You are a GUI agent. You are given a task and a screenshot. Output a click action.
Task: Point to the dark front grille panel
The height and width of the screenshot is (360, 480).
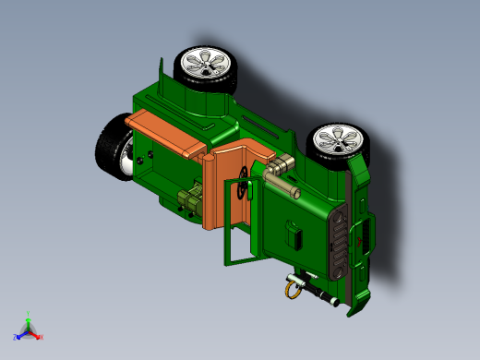click(x=339, y=244)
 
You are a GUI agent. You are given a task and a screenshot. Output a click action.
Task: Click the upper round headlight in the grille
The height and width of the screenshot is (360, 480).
click(x=338, y=222)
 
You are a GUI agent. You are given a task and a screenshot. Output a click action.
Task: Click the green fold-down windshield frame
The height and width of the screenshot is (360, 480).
click(x=238, y=242)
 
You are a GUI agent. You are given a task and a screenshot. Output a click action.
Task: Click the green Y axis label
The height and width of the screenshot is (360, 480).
click(x=30, y=313)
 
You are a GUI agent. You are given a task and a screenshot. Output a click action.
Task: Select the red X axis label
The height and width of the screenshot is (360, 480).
click(x=41, y=336)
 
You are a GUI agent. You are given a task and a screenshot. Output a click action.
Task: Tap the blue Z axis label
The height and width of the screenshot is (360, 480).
click(x=16, y=337)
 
